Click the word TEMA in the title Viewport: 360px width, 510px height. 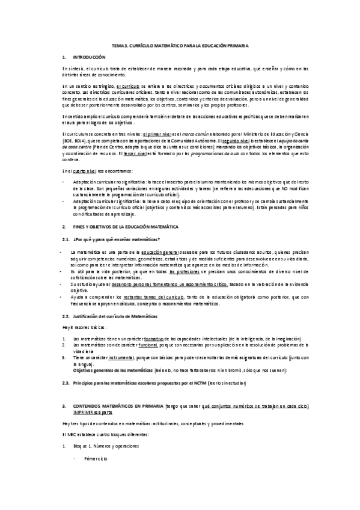point(118,46)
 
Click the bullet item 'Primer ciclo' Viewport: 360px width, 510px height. point(95,459)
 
